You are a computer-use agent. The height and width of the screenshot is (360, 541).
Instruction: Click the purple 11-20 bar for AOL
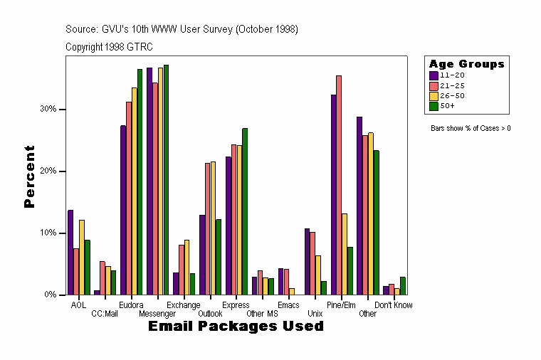click(70, 253)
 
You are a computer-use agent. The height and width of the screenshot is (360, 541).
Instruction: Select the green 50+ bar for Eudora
click(140, 182)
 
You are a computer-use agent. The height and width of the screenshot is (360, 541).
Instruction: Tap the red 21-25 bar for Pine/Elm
click(340, 185)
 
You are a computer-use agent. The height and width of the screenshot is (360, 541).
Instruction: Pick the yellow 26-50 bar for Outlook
click(213, 228)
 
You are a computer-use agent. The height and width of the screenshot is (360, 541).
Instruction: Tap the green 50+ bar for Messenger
click(166, 180)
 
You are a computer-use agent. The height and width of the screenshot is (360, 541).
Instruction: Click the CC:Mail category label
click(105, 314)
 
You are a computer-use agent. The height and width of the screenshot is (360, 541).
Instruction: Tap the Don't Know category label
click(394, 305)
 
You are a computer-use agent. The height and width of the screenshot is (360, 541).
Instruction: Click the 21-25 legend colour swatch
click(434, 85)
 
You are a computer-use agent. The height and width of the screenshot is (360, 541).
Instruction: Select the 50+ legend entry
click(448, 105)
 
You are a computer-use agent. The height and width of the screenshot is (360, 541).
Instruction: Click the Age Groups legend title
click(466, 64)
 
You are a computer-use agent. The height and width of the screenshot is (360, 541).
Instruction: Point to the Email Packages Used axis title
click(236, 327)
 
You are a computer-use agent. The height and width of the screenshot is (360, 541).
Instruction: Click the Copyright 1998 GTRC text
click(109, 47)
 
